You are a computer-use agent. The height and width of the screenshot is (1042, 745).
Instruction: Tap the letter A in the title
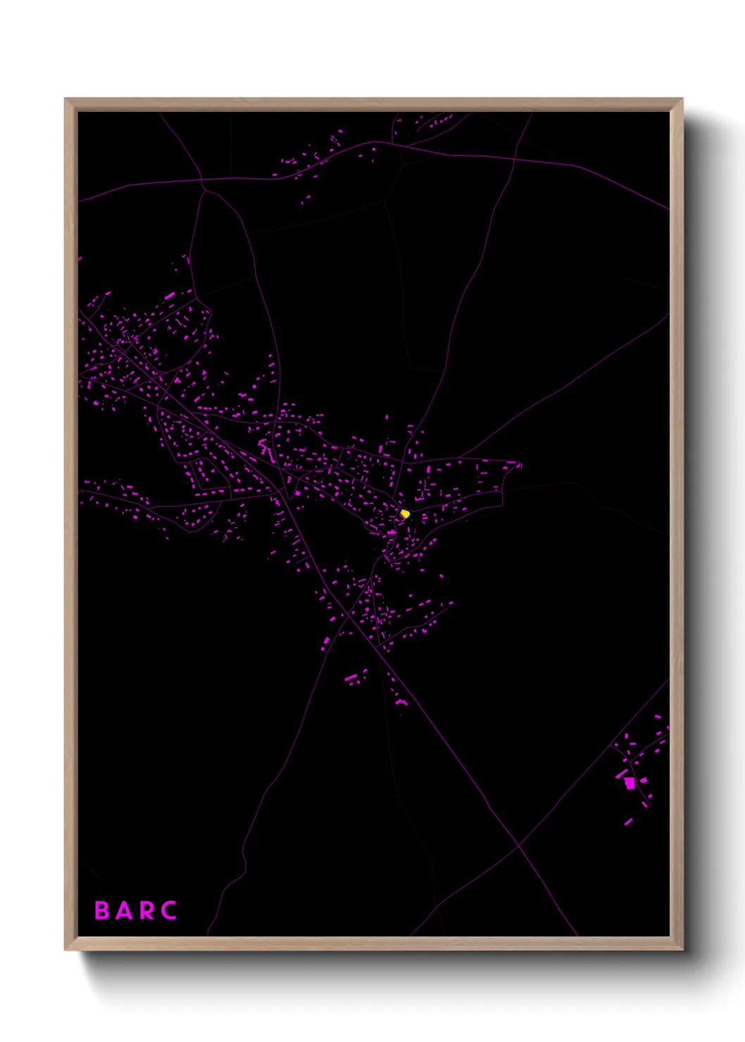[x=123, y=910]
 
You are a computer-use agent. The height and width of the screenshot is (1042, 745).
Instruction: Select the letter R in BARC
[x=146, y=910]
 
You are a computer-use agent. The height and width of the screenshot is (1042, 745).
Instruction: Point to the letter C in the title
[x=168, y=910]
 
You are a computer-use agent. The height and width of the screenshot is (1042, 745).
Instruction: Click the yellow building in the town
[x=405, y=514]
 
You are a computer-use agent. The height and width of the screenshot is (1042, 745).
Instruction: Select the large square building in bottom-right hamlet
[x=630, y=782]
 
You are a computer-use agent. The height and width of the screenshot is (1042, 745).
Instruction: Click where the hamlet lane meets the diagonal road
[x=611, y=744]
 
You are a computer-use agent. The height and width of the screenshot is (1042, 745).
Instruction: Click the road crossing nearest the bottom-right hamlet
[x=519, y=845]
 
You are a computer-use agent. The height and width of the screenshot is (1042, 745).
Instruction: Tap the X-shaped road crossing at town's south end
[x=349, y=615]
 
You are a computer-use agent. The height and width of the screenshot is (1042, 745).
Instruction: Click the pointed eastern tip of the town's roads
[x=521, y=465]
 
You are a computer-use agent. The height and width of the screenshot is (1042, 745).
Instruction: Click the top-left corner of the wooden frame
[x=65, y=99]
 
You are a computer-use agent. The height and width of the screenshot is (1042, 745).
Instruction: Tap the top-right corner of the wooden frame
[x=682, y=99]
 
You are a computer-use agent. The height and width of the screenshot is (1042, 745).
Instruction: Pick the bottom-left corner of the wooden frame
[x=65, y=950]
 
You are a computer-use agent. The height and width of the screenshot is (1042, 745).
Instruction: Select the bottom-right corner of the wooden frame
[x=682, y=950]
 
